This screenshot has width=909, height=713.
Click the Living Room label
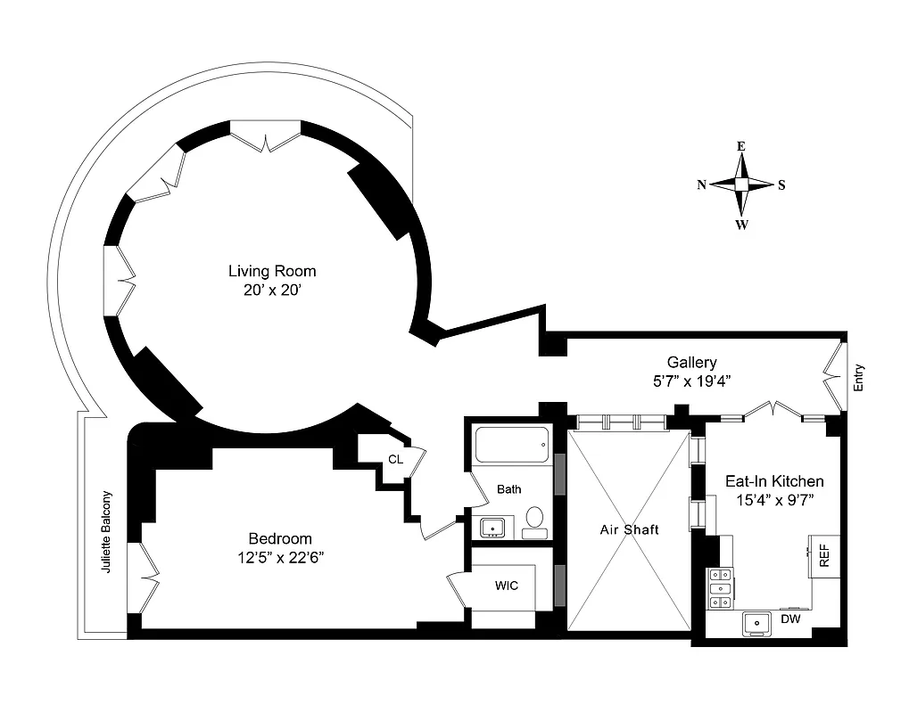272,271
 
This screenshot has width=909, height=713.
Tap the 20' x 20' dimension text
272,290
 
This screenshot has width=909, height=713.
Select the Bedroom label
280,538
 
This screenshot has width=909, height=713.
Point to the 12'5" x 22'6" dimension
280,558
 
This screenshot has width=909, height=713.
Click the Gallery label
691,362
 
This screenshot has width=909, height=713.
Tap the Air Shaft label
629,529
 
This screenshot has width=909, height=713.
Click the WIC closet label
507,586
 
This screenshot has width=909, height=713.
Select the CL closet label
395,460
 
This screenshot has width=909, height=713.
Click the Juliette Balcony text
107,531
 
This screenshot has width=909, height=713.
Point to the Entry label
859,379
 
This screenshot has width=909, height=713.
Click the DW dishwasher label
789,619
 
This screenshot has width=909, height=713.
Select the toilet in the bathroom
534,520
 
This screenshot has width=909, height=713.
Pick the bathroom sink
492,528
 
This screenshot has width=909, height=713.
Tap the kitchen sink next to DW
759,624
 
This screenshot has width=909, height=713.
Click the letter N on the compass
702,185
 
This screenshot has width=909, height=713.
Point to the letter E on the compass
740,146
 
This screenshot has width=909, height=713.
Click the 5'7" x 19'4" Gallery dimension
691,380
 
